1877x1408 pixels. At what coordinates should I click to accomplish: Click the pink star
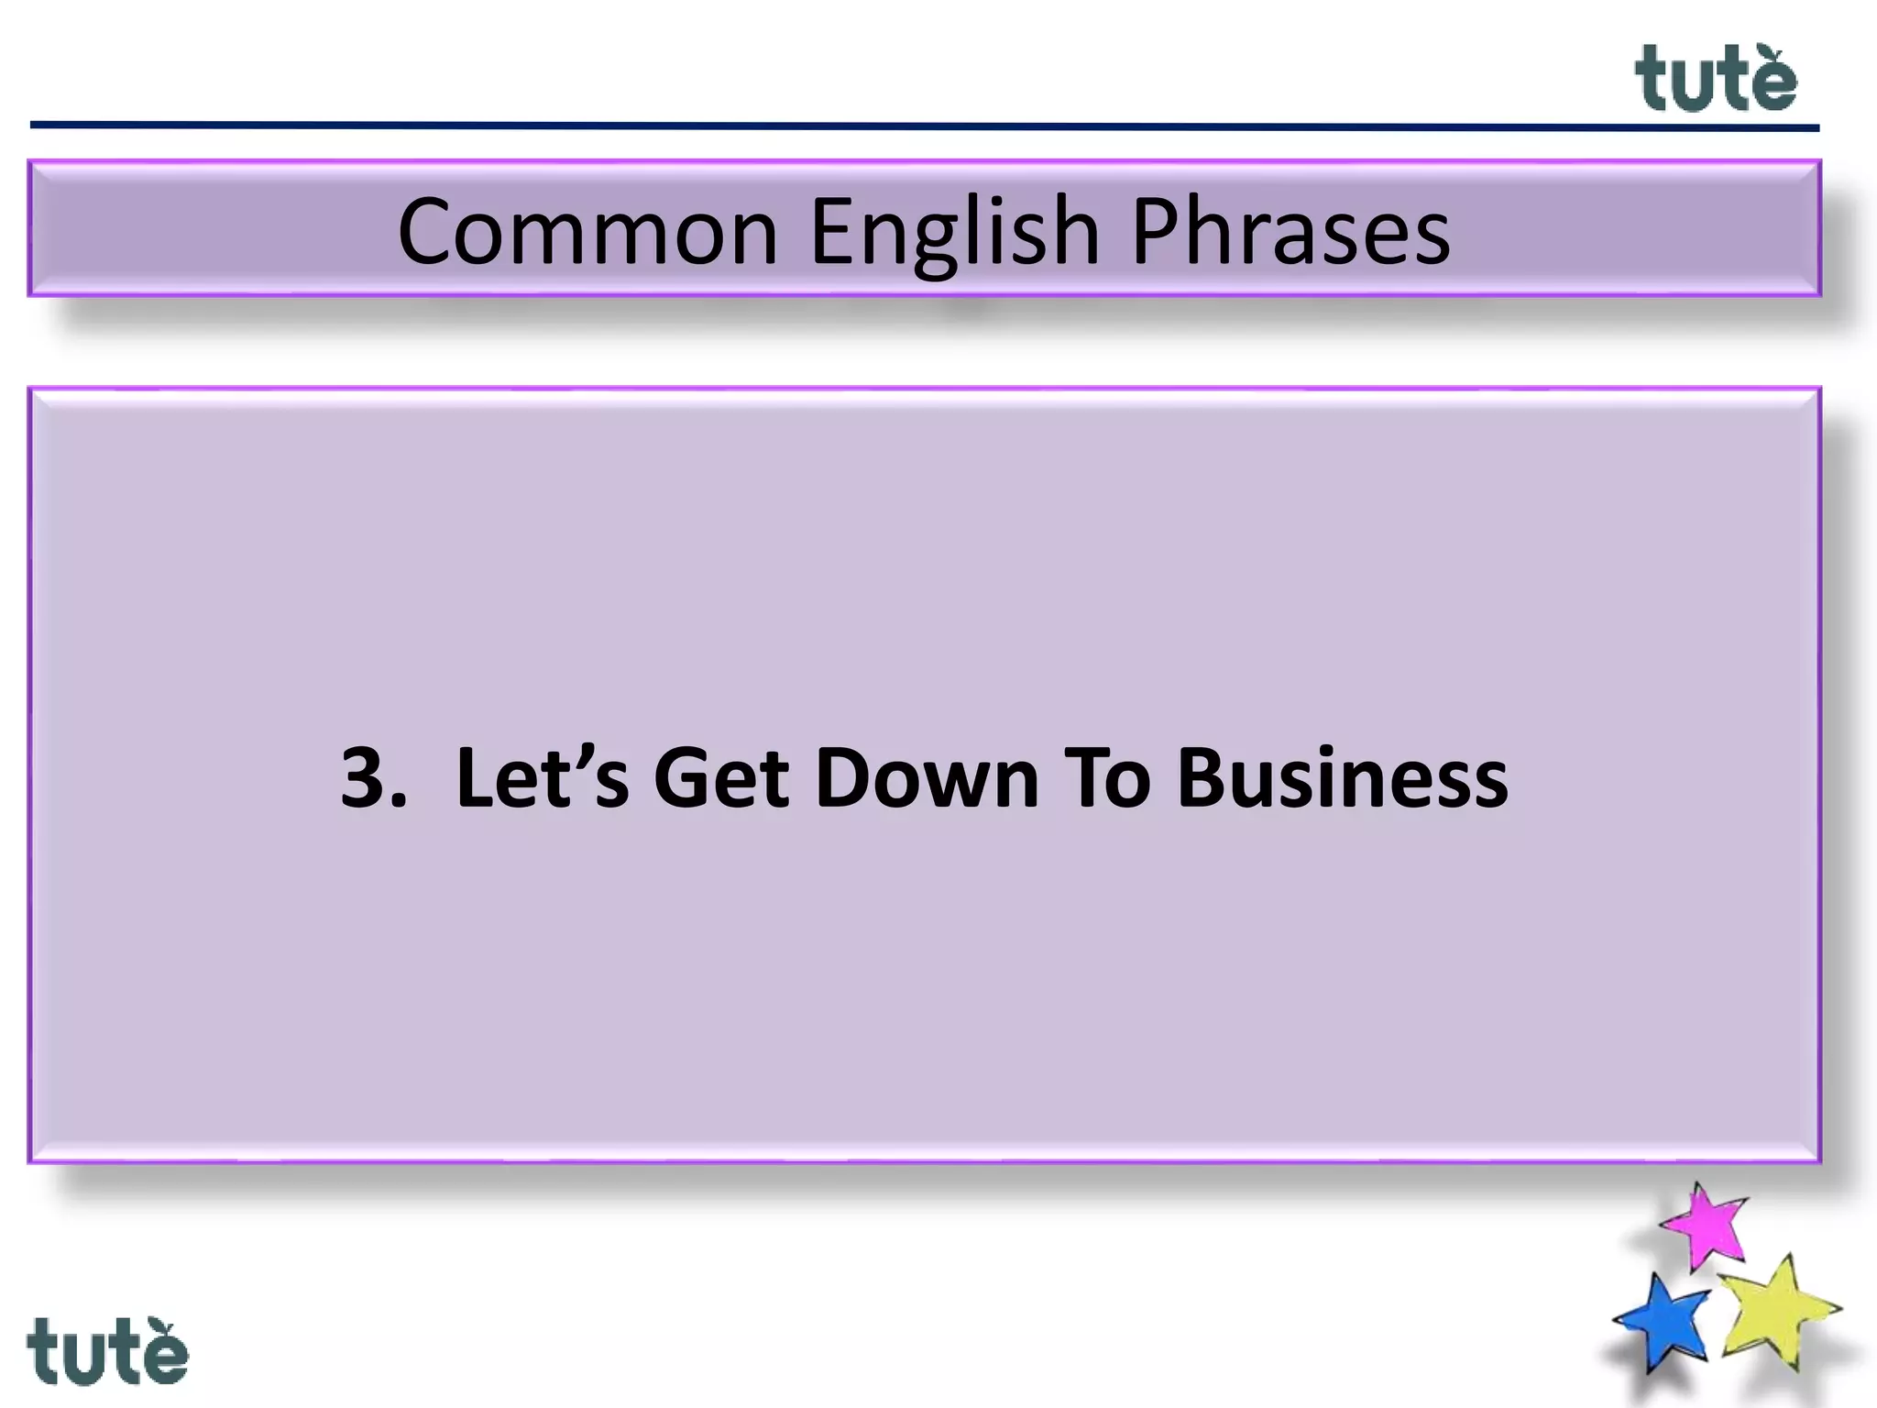(1706, 1226)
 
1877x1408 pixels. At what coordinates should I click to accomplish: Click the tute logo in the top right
(1716, 80)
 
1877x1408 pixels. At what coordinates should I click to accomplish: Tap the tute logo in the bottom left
(107, 1352)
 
